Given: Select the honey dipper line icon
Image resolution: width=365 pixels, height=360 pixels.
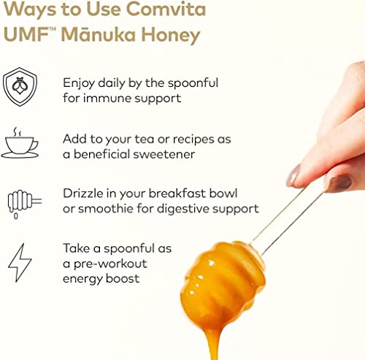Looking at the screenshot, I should coord(22,202).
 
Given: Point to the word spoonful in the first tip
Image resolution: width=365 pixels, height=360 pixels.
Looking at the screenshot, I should coord(189,83).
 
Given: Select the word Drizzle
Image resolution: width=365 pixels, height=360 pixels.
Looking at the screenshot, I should coord(83,194).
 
